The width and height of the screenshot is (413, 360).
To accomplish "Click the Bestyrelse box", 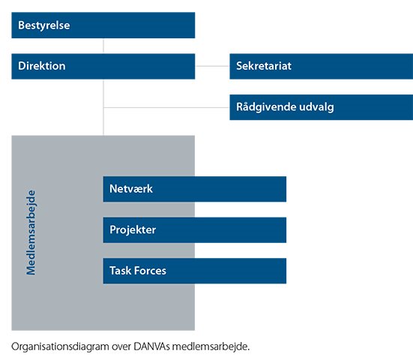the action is (103, 25).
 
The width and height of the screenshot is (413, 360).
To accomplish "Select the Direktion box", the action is (103, 66).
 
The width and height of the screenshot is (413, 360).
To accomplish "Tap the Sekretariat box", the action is (322, 66).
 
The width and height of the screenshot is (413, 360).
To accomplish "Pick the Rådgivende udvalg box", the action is (322, 107).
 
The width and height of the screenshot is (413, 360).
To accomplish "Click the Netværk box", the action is (195, 189).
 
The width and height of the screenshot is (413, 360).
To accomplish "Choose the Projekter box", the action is (195, 230).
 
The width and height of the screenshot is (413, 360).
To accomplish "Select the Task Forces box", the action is (195, 271).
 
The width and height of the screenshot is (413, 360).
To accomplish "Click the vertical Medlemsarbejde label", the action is (31, 232).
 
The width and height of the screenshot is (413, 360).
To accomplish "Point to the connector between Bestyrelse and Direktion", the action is (103, 46).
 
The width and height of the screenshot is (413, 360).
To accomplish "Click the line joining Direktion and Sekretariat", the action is (212, 66).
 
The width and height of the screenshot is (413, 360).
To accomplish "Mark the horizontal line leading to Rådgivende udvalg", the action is (166, 107).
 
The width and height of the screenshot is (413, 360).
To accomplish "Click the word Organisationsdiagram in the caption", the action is (60, 346).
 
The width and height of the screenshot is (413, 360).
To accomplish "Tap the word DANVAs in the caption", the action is (151, 346).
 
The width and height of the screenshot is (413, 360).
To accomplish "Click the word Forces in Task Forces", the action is (150, 271).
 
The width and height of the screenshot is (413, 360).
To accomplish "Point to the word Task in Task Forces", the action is (121, 271).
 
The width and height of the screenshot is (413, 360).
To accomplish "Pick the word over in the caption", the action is (121, 347).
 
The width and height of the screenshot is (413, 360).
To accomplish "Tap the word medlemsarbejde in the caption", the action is (211, 346).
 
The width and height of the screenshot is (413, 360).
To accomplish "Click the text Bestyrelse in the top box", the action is (44, 25).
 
